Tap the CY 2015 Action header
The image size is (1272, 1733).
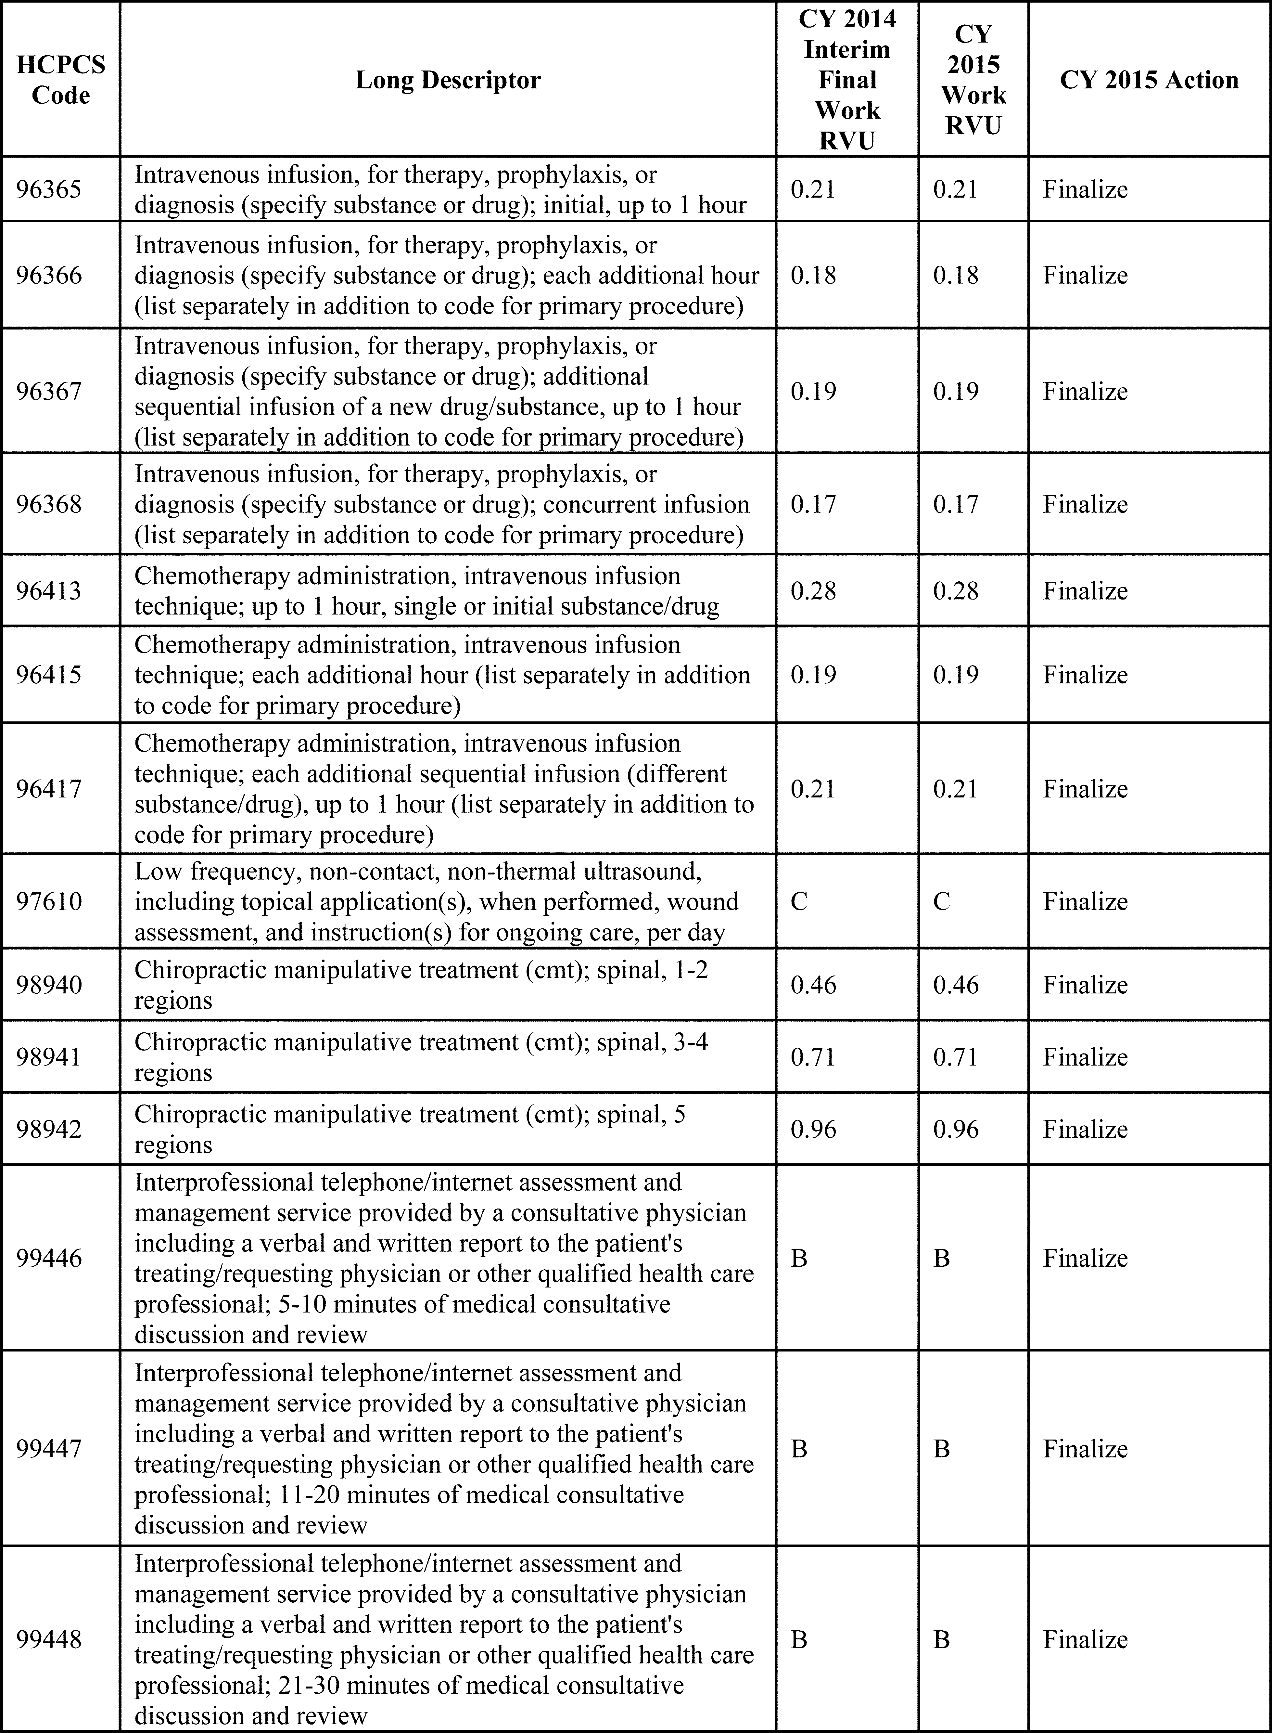(1149, 79)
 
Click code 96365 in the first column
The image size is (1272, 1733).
(48, 189)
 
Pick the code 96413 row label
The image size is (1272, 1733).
(48, 591)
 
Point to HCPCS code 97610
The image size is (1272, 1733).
(48, 901)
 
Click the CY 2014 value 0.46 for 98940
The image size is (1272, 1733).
(813, 984)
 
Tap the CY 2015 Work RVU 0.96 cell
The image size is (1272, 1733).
(956, 1129)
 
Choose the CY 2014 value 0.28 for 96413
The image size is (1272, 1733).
(813, 591)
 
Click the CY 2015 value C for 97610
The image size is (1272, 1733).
(942, 901)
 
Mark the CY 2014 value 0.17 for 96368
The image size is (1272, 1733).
(813, 504)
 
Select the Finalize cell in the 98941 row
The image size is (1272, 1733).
(1085, 1057)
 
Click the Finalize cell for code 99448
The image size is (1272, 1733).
(1085, 1639)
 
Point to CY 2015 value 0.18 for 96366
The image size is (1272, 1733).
(956, 275)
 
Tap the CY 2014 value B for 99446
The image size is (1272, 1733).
(799, 1258)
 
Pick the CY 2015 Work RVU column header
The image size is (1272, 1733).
(973, 79)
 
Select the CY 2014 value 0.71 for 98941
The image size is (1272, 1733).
(813, 1057)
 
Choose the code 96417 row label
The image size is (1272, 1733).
(48, 789)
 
